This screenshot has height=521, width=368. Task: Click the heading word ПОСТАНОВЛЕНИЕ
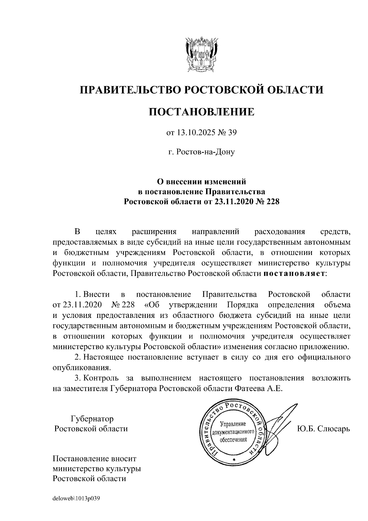201,112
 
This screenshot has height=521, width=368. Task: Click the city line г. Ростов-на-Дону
201,152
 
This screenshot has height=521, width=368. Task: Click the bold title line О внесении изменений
201,182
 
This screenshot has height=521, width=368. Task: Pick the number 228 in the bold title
272,202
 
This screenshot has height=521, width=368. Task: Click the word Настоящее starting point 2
103,357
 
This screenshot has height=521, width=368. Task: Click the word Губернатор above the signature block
92,419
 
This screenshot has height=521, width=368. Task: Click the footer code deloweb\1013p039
76,499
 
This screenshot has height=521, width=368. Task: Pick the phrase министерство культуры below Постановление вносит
97,469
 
